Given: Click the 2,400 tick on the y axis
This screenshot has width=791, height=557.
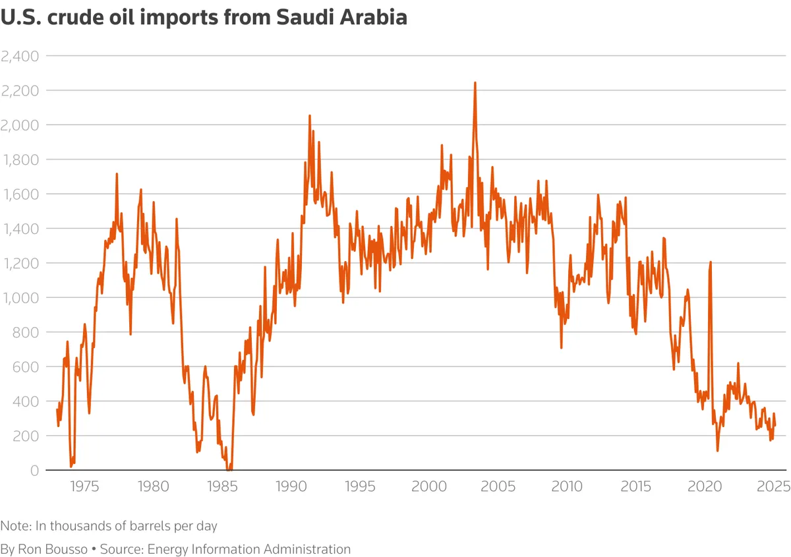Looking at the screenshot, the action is [20, 57].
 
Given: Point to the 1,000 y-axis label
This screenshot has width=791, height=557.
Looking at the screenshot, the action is [20, 298].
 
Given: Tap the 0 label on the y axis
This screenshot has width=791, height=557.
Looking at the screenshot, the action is [34, 471].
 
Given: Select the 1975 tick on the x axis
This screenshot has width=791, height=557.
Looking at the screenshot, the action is [84, 486].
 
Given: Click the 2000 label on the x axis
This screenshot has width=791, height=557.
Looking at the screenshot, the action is [429, 486].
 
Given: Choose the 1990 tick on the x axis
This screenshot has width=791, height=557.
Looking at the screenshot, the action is [291, 486].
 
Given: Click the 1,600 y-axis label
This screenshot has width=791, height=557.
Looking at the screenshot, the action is [20, 194].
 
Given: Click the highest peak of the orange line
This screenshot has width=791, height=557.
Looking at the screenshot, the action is [475, 83].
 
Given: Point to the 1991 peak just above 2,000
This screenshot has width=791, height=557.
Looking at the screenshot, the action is [310, 116].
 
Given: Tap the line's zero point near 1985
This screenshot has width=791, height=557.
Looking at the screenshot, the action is [229, 469].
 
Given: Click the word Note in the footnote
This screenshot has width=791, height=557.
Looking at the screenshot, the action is [16, 526].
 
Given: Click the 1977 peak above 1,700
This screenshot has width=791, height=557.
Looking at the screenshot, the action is [117, 174].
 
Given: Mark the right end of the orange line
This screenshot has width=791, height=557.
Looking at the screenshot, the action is [775, 426].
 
